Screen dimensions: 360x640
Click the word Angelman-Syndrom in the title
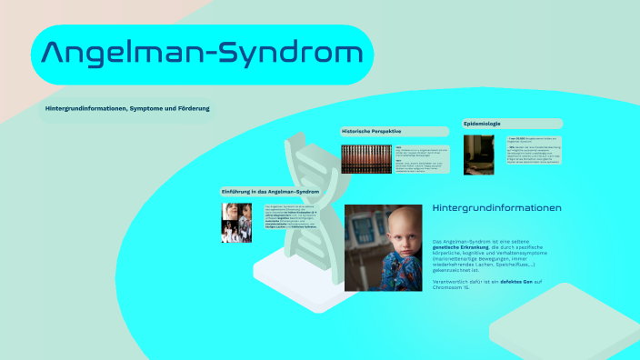202,55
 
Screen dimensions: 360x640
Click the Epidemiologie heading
482,123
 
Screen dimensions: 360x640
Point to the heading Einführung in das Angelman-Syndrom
269,192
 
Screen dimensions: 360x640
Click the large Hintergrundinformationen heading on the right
497,208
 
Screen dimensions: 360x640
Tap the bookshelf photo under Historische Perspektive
366,158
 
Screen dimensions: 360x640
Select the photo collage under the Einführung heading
236,222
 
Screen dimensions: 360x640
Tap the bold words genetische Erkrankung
460,246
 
